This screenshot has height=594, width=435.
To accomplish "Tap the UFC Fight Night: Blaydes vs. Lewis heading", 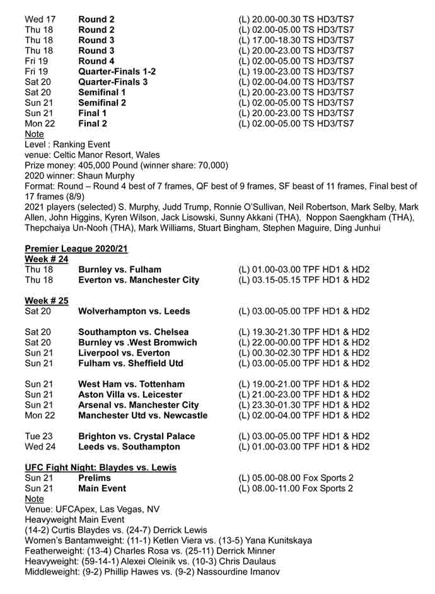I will point(100,467).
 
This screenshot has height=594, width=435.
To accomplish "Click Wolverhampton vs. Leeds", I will point(134,311).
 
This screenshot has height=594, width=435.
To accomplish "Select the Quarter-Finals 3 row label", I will point(113,82).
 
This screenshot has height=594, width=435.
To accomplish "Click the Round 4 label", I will point(96,61).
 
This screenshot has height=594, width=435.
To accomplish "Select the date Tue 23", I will point(38,436).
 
